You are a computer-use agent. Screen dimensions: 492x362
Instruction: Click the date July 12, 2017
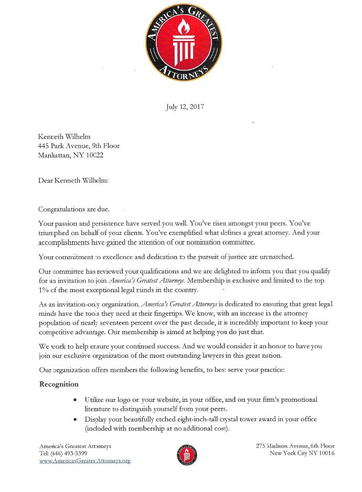coord(185,107)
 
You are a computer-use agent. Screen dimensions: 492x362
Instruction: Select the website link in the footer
coord(84,461)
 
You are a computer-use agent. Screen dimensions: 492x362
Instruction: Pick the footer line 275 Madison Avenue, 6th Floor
coord(295,446)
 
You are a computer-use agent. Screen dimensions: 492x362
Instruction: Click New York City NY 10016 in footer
coord(302,453)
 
